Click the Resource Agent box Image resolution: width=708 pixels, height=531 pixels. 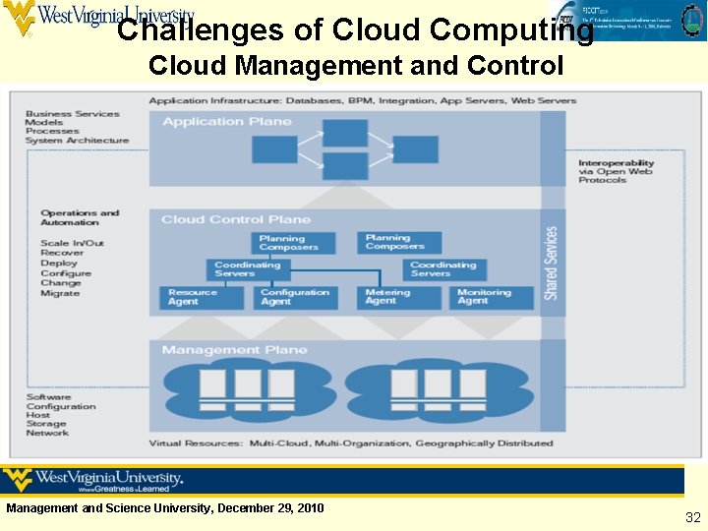pos(201,297)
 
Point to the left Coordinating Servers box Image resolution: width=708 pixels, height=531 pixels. pos(250,268)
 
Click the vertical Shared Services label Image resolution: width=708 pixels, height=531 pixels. pos(552,263)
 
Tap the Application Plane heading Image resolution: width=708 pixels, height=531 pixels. pos(227,122)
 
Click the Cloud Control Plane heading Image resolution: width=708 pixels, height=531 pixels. pos(236,219)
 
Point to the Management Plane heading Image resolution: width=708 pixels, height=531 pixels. pos(234,350)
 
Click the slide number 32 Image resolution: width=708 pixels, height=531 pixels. pos(692,517)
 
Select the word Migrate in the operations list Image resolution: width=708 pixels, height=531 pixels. pos(60,294)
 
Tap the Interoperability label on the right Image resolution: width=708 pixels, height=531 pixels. pos(616,163)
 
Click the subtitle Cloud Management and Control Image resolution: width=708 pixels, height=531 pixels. pos(356,66)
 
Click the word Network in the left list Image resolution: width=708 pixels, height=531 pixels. pos(47,433)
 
